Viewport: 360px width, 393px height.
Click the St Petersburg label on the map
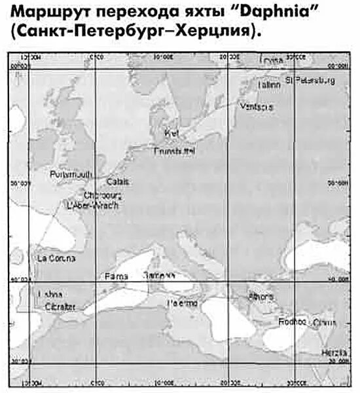[310, 81]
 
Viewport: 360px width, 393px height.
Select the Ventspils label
[257, 107]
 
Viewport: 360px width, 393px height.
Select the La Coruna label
[56, 259]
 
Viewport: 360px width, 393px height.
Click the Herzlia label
[334, 352]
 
